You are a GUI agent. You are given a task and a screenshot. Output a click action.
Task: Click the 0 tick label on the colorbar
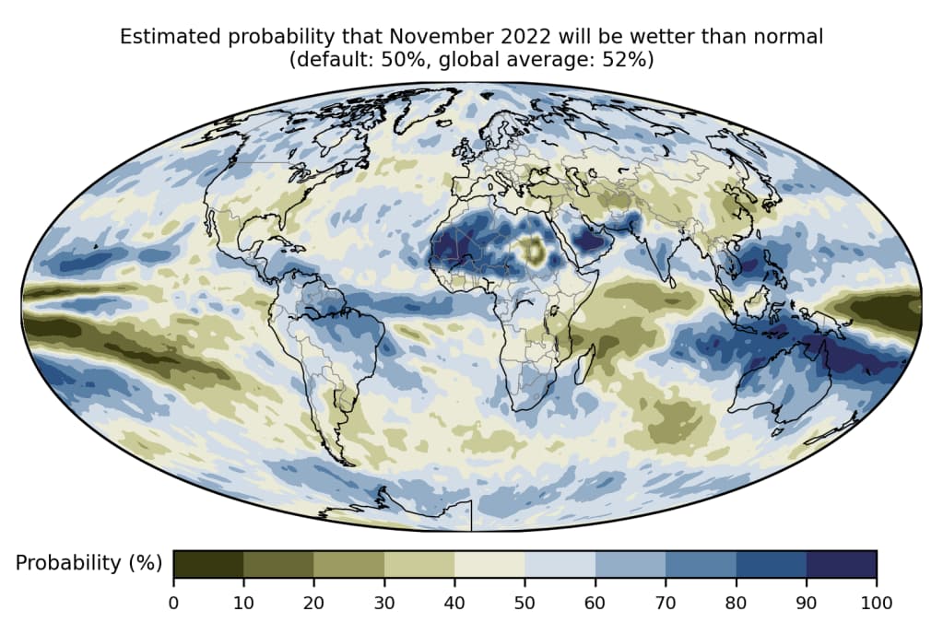[x=173, y=603]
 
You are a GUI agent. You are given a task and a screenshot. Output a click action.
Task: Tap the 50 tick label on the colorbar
[x=525, y=603]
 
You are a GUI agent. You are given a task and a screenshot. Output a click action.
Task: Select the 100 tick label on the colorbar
[x=876, y=603]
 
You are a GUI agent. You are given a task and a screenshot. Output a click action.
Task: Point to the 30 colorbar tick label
[x=384, y=603]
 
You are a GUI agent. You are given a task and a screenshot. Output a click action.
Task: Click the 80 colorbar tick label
[x=736, y=603]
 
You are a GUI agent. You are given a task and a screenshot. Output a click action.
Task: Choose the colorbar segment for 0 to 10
[x=208, y=564]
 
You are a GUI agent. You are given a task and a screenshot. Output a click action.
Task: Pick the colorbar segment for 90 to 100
[x=841, y=564]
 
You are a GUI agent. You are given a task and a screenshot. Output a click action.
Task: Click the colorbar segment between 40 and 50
[x=489, y=564]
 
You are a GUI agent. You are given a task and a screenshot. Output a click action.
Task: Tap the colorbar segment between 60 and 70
[x=631, y=564]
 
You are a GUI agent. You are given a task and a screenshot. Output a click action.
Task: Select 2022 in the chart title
[x=518, y=37]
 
